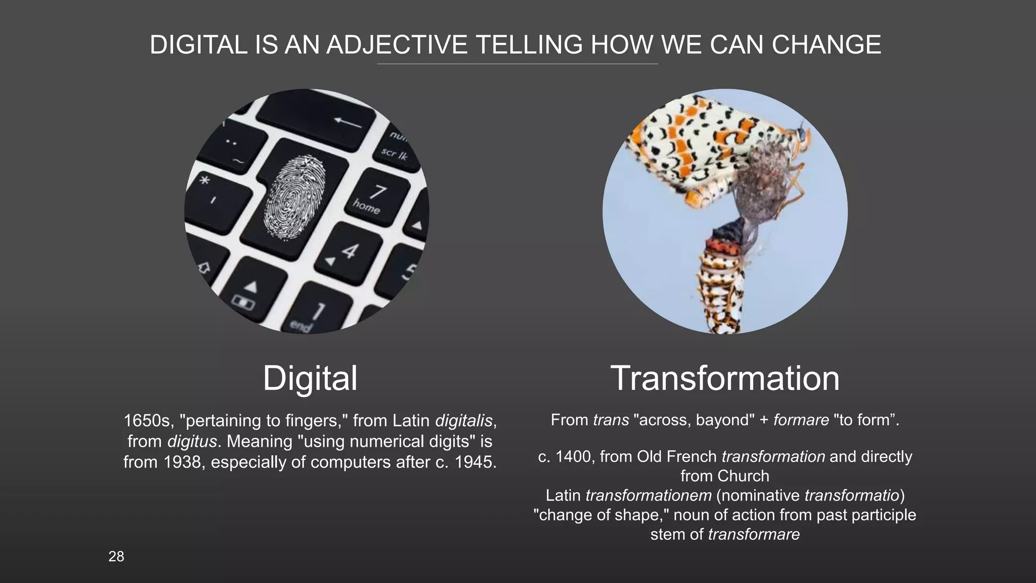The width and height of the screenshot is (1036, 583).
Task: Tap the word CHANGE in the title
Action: coord(826,45)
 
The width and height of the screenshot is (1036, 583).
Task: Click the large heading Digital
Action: coord(310,378)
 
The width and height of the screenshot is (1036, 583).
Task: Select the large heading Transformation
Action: coord(725,378)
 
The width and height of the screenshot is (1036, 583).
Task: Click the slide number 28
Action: coord(116,557)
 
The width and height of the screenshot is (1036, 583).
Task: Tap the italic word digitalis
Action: coord(464,420)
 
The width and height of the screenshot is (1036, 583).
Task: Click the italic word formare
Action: coord(801,420)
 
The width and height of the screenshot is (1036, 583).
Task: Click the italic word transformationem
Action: coord(648,495)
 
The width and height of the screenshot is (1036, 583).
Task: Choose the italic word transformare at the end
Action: coord(754,534)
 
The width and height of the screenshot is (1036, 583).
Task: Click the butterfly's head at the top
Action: coord(802,133)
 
